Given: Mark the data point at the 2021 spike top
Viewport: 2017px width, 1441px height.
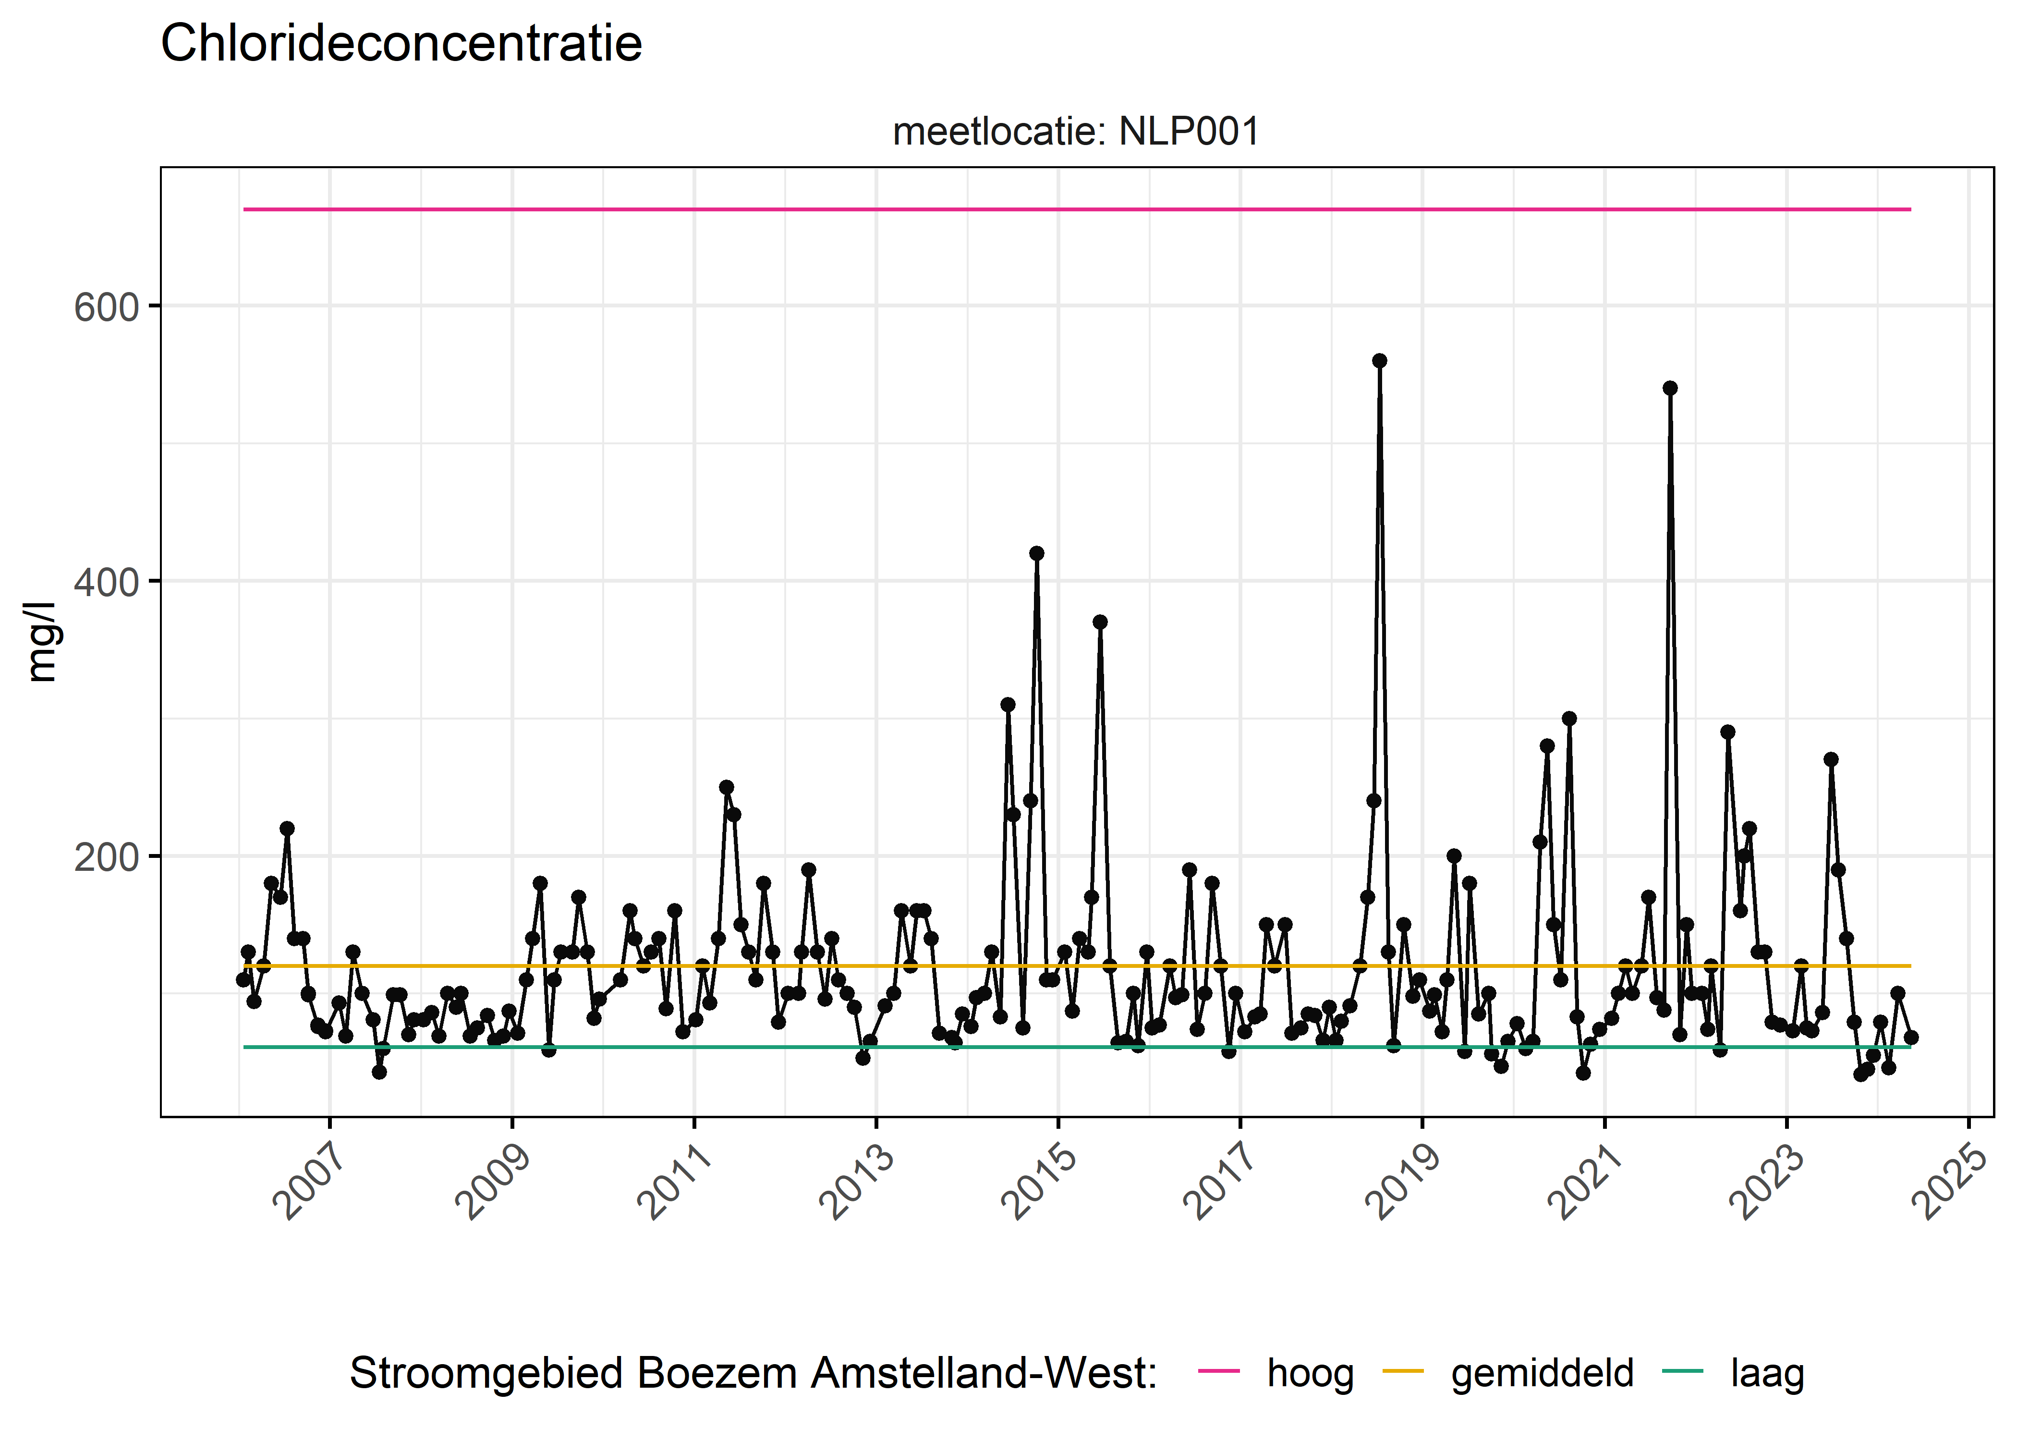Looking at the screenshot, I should click(1669, 388).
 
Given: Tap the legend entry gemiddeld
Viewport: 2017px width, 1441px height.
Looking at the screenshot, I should click(1542, 1373).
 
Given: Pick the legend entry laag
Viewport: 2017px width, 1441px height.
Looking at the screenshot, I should click(1767, 1373).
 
